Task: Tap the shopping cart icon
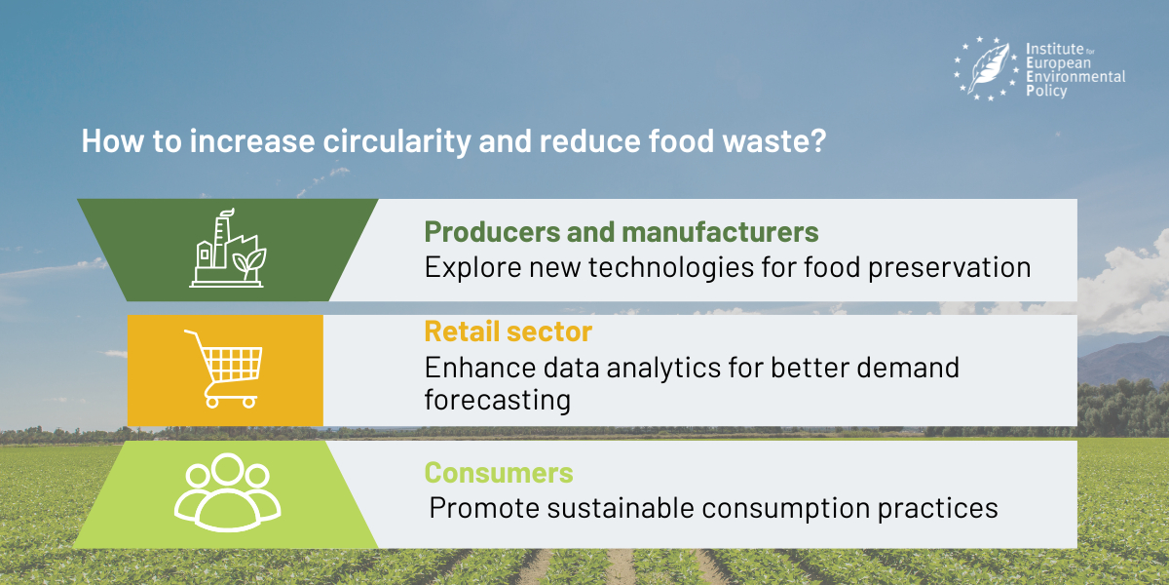tap(223, 369)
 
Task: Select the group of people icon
tap(228, 492)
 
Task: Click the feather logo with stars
tap(986, 68)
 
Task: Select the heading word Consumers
tap(499, 473)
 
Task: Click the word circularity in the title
tap(396, 141)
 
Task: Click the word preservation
tap(950, 268)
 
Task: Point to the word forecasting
tap(498, 401)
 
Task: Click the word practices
tap(938, 508)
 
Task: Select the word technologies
tap(671, 268)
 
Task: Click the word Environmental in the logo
tap(1075, 77)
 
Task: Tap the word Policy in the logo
tap(1046, 91)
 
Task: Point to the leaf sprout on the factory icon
tap(249, 262)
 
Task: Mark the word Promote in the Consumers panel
tap(484, 508)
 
